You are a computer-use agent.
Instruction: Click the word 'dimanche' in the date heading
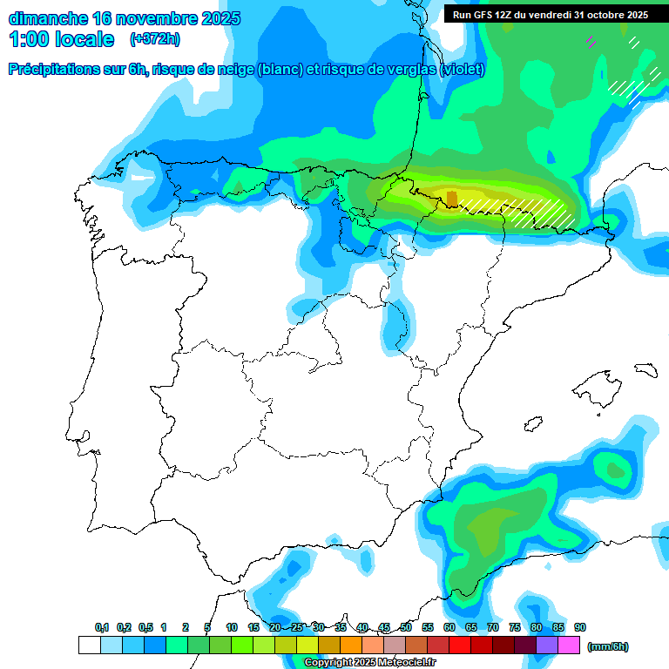(45, 18)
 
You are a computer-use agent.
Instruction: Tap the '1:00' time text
(30, 39)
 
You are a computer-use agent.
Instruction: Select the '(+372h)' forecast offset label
(155, 39)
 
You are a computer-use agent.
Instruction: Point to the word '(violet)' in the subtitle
(463, 70)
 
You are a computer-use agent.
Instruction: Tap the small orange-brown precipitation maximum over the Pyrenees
(451, 198)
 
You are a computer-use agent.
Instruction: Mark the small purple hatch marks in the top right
(591, 40)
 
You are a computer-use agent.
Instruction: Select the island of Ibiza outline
(533, 422)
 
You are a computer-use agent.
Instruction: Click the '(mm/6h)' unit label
(607, 646)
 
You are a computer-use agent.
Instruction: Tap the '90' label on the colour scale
(580, 627)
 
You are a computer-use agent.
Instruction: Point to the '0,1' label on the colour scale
(102, 627)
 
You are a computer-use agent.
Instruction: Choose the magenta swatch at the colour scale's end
(569, 645)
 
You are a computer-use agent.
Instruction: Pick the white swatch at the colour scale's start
(89, 645)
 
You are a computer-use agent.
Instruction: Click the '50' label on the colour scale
(406, 627)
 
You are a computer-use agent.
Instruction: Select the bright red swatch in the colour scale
(460, 645)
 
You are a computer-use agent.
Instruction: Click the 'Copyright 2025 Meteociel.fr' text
(369, 663)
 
